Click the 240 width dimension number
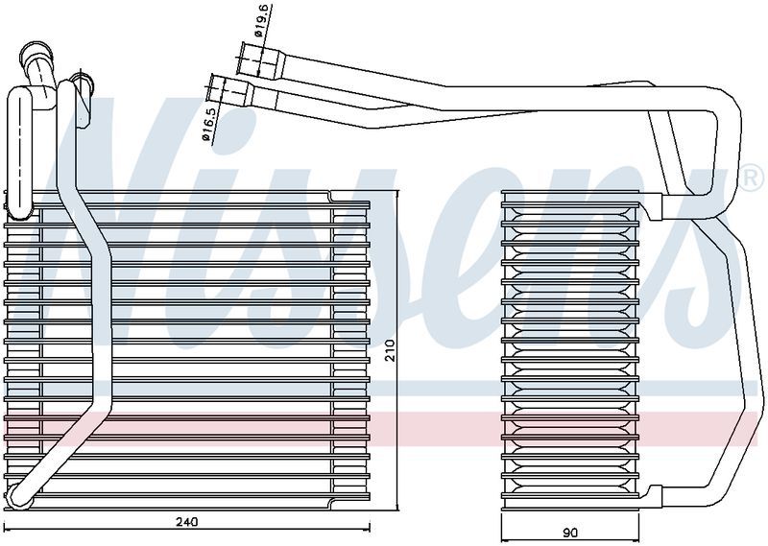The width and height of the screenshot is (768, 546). point(187,522)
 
